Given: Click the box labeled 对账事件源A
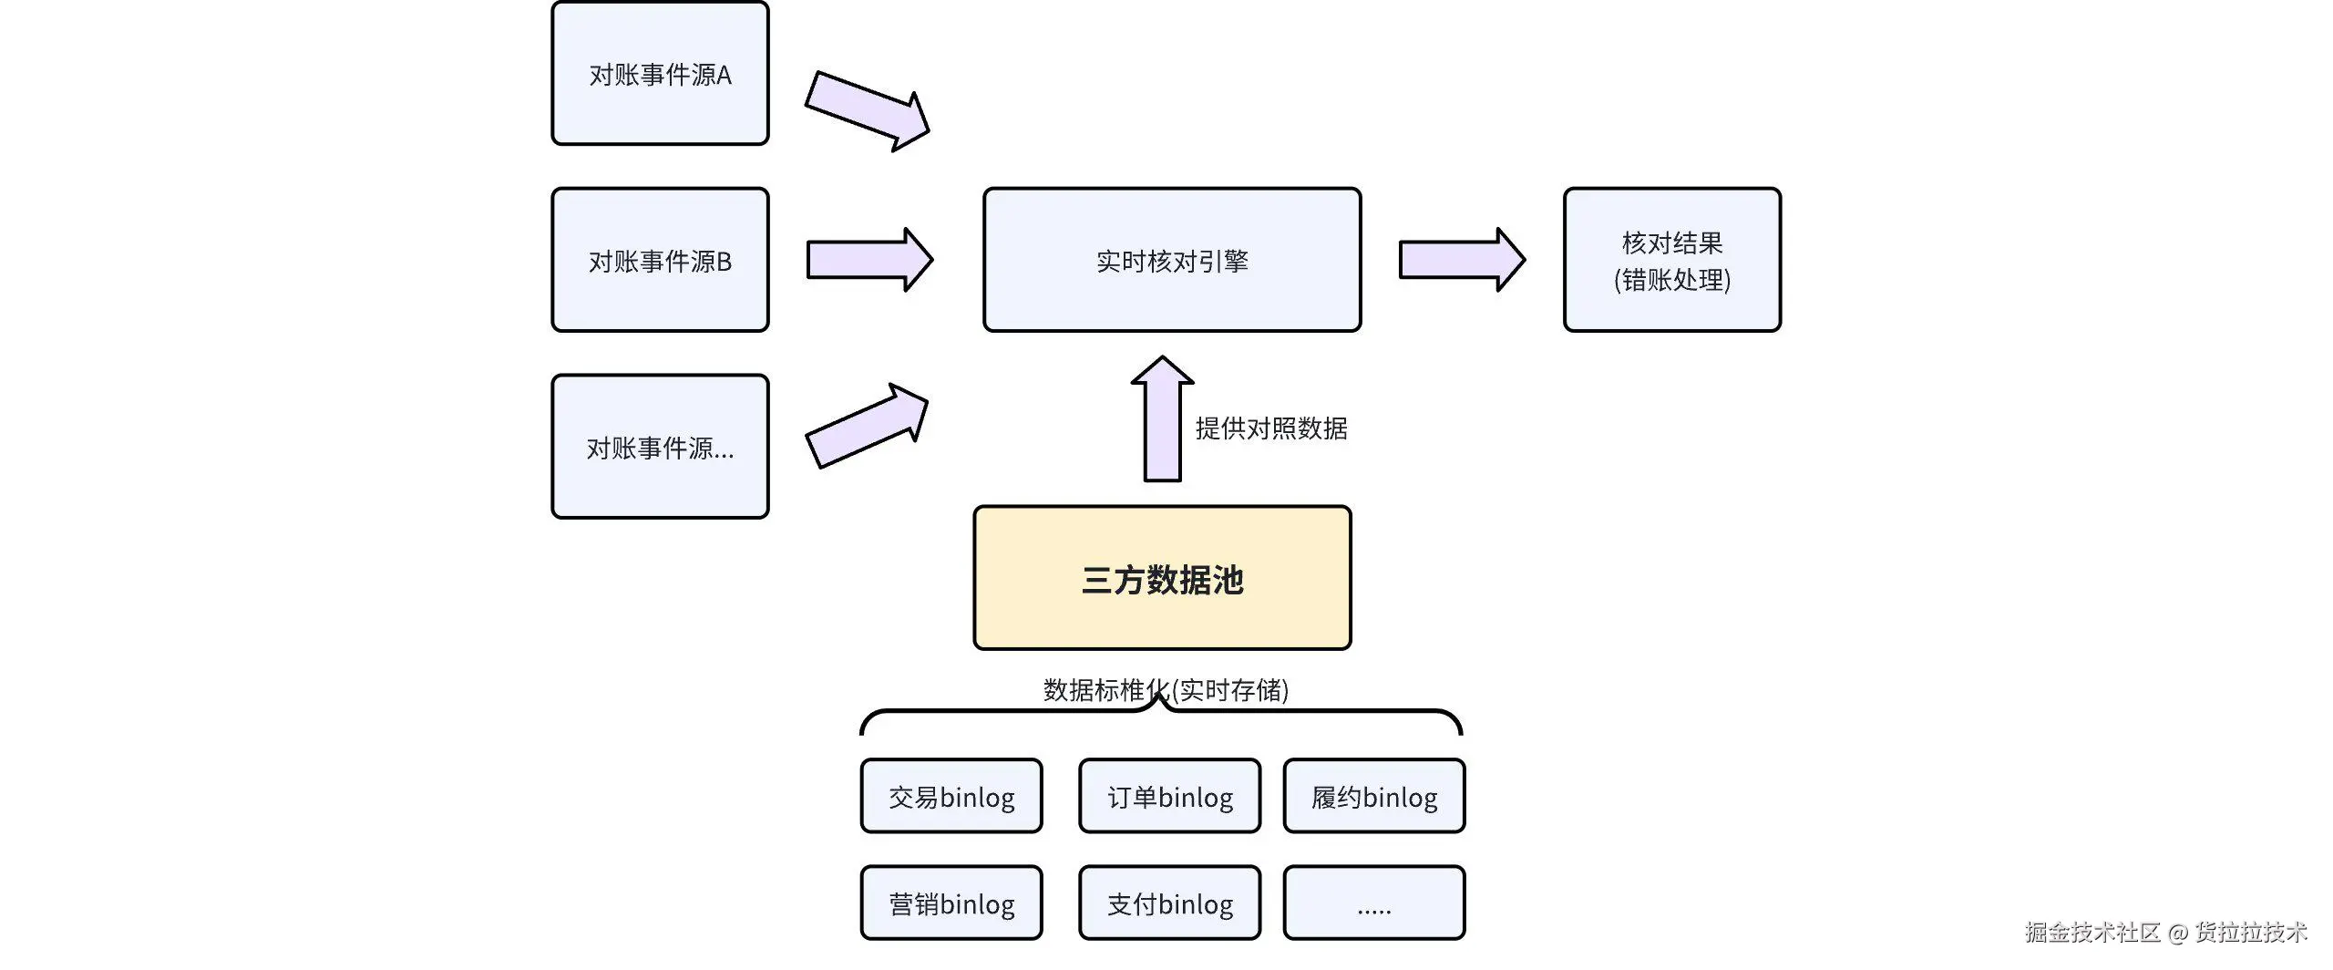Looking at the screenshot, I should (x=660, y=74).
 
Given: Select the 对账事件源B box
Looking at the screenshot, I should (x=660, y=261).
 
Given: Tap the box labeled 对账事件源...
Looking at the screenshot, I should (x=660, y=447).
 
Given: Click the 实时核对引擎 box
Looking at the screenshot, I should (x=1172, y=261).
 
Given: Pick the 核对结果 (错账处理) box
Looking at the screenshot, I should (x=1671, y=261).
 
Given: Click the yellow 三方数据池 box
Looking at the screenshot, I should (x=1162, y=579).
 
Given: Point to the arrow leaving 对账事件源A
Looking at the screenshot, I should (x=867, y=111).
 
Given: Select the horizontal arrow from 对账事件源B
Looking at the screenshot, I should (x=868, y=260).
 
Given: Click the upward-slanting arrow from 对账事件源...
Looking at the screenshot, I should (x=867, y=426).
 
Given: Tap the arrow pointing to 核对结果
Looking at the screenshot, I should (x=1461, y=260).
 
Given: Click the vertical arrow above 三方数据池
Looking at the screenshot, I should (x=1162, y=419).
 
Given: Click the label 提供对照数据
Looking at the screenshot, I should (x=1271, y=428).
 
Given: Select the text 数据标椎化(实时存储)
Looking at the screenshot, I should (x=1166, y=690).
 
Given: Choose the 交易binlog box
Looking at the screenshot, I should (x=951, y=797).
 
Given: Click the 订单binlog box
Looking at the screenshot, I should (x=1169, y=797).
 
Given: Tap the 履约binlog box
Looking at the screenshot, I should (x=1373, y=797).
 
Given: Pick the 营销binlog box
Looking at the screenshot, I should (x=951, y=903).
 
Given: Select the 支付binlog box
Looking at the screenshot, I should (x=1169, y=903).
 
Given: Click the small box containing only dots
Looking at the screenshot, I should (x=1373, y=903).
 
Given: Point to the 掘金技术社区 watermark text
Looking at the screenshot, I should (x=2092, y=932).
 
